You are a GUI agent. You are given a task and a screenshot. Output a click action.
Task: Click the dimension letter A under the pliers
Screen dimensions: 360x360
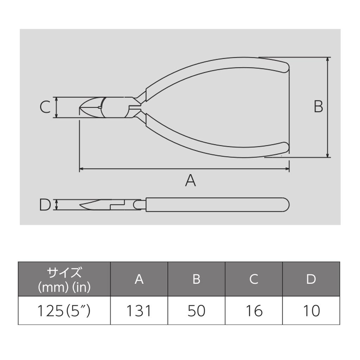point(190,180)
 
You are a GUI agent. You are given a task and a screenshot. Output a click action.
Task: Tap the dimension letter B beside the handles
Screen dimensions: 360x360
point(318,107)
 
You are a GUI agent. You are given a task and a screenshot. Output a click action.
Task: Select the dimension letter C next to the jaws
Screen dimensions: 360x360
point(45,107)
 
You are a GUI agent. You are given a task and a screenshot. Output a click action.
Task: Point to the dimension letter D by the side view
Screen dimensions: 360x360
point(45,205)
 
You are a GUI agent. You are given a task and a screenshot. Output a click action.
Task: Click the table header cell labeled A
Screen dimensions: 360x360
point(139,279)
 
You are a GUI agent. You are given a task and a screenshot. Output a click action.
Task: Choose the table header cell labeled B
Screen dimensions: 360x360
point(196,279)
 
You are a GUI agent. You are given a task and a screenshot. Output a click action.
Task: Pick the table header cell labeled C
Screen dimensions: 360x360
point(254,279)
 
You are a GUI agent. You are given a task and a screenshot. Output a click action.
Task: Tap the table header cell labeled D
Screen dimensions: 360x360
point(311,279)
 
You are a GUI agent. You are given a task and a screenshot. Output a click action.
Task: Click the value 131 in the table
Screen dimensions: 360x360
point(139,311)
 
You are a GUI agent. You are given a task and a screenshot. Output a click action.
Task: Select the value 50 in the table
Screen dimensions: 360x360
point(196,311)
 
